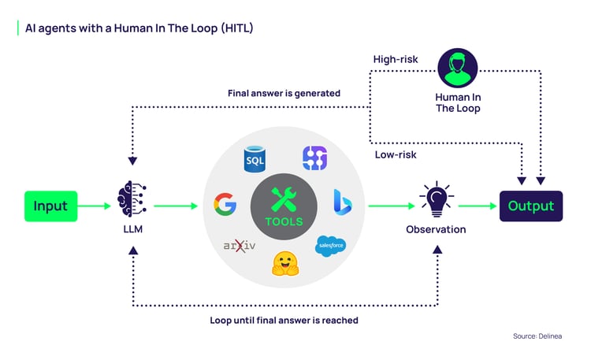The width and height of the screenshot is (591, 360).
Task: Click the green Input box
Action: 50,206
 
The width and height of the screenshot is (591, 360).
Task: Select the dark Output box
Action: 530,206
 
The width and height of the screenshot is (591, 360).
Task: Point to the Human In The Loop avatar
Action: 457,69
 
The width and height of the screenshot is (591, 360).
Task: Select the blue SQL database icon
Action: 255,160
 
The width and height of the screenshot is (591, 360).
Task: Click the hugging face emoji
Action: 284,263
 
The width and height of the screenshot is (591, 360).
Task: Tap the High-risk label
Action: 395,60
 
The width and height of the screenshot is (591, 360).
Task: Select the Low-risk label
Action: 396,154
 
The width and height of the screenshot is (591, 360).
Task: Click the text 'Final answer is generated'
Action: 284,93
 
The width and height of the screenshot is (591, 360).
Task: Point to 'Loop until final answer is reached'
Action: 284,320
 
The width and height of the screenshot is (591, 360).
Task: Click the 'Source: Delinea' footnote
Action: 543,336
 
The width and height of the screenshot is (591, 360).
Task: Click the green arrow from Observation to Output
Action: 476,206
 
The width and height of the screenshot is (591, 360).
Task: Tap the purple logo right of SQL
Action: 314,158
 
